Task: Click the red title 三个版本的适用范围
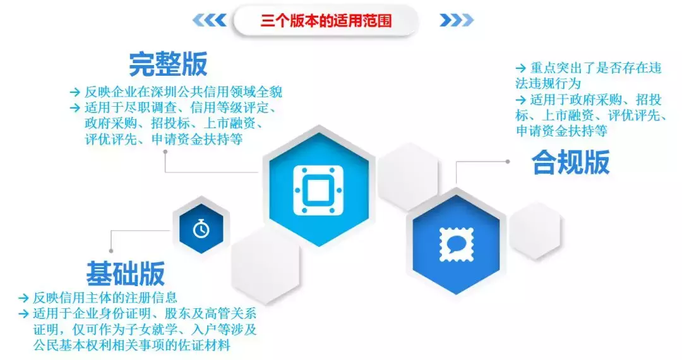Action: coord(326,20)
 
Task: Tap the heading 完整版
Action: coord(168,64)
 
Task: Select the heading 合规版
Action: coord(570,162)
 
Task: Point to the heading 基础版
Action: coord(125,273)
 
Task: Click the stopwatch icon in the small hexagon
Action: coord(201,228)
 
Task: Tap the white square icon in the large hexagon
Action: coord(318,189)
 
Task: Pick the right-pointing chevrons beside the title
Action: coord(456,20)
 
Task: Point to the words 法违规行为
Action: coord(547,83)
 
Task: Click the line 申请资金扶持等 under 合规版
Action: coord(561,131)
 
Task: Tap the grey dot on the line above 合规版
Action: coord(507,162)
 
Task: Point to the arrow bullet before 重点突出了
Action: coord(520,68)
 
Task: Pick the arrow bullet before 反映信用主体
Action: coord(23,297)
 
